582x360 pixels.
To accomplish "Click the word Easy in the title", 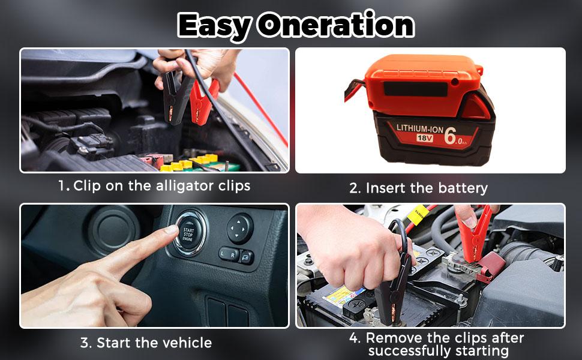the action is tap(215, 25).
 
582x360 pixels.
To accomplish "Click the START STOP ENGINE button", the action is tap(188, 235).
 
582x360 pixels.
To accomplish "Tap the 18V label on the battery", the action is tap(425, 138).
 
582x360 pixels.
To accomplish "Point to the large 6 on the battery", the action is tap(450, 136).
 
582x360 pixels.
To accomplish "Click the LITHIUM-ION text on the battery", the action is tap(420, 128).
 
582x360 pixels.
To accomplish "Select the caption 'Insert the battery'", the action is tap(427, 188).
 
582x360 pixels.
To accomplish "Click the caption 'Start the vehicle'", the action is tap(154, 343).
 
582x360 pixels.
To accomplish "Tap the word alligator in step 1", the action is tap(184, 186).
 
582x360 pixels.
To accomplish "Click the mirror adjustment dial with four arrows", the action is tap(239, 228).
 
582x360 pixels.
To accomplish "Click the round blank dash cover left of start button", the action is tap(113, 230).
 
